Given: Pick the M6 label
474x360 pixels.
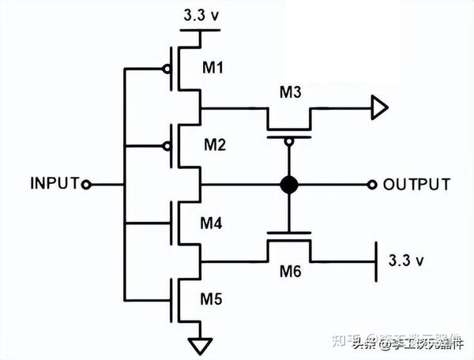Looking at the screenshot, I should click(x=290, y=273).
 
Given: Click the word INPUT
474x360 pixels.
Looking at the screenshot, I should click(x=55, y=184).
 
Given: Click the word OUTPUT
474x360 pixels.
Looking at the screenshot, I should click(x=417, y=185).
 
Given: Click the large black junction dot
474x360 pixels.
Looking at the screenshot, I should click(x=290, y=185).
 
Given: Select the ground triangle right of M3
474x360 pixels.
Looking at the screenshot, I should click(x=379, y=106).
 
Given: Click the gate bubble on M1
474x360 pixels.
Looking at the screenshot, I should click(x=167, y=69).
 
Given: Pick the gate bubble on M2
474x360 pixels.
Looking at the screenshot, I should click(x=167, y=145).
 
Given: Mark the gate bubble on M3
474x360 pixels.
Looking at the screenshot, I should click(x=290, y=141).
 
